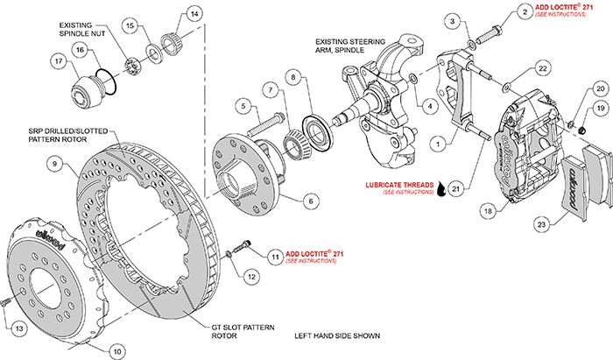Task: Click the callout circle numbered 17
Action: [58, 62]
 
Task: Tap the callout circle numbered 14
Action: [194, 14]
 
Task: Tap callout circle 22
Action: [542, 68]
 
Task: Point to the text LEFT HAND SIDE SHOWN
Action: [339, 335]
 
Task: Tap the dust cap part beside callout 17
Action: [88, 88]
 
